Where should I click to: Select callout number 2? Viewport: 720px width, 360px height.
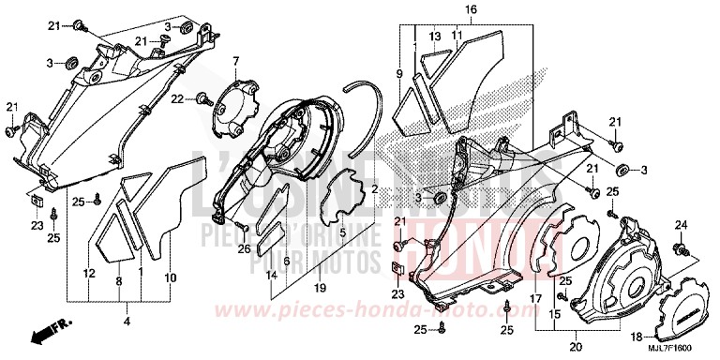pos(375,188)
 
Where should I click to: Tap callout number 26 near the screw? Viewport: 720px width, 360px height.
pos(244,248)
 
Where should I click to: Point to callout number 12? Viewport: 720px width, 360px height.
pos(89,274)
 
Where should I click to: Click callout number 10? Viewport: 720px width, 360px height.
pos(169,278)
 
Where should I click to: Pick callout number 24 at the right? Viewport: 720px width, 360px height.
pos(682,224)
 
